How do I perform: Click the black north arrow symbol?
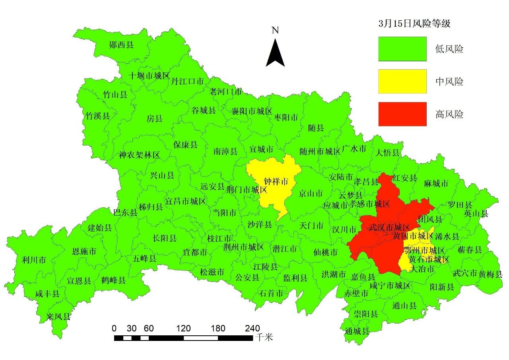(275, 53)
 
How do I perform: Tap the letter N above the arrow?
(275, 30)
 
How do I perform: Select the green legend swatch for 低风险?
(402, 49)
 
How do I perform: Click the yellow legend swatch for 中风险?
(402, 82)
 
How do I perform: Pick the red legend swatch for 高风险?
(402, 114)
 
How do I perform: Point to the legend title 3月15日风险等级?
(414, 24)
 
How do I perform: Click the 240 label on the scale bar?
(252, 329)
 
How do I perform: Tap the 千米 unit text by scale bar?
(264, 338)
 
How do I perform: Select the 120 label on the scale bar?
(183, 329)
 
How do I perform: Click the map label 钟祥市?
(276, 182)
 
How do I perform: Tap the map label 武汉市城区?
(389, 228)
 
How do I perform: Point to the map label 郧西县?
(121, 45)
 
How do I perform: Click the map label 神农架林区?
(139, 155)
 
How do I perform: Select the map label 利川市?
(34, 260)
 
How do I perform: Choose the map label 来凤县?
(58, 317)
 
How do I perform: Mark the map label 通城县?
(357, 331)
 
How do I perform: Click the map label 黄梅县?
(490, 274)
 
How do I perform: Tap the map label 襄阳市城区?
(252, 111)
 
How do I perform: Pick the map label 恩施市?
(84, 251)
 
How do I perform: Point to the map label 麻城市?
(436, 183)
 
